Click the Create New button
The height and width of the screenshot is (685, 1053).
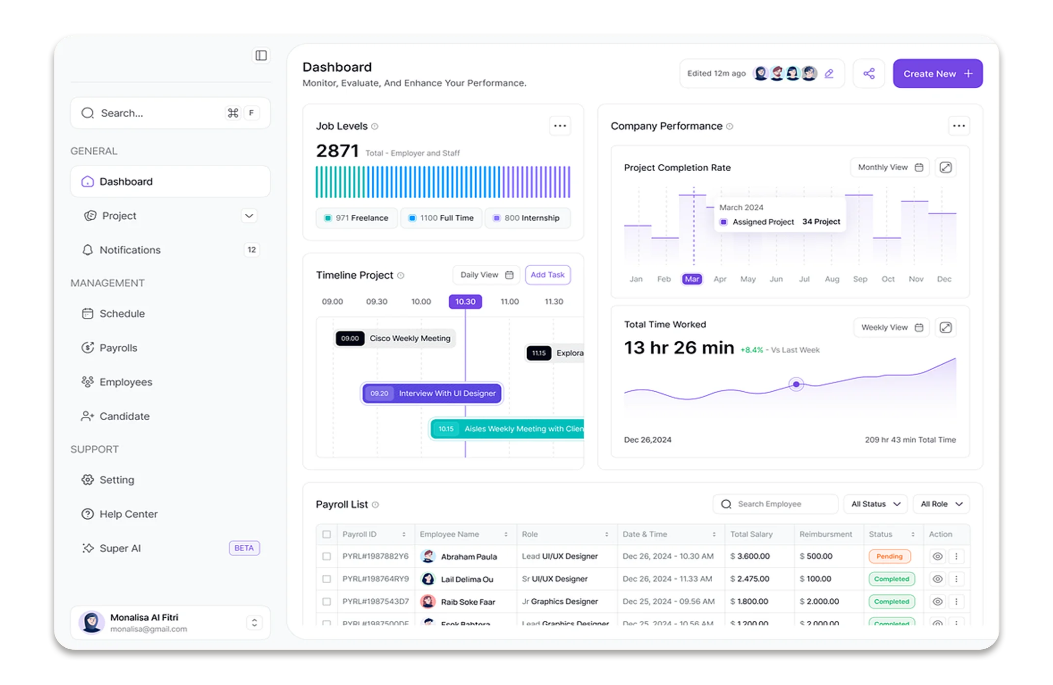point(937,74)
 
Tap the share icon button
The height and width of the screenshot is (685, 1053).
point(869,74)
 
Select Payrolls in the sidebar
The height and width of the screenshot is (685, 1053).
point(118,348)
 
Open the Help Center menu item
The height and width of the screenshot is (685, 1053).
point(128,514)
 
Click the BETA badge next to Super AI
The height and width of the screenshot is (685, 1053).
point(244,548)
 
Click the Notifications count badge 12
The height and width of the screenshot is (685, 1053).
point(252,250)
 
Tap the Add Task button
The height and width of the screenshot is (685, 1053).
point(547,275)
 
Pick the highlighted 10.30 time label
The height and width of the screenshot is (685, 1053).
point(465,302)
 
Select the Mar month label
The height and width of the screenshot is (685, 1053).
point(692,279)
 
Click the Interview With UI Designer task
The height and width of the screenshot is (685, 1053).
point(432,393)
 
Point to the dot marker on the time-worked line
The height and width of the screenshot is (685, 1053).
point(796,384)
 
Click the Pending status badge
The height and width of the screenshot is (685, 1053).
point(889,556)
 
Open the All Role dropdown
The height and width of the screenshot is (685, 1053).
point(941,504)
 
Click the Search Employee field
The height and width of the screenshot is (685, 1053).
point(775,504)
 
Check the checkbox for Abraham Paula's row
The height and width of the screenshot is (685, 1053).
point(327,556)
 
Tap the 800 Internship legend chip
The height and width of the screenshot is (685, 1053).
point(527,218)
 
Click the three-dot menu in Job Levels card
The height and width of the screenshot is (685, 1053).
point(560,126)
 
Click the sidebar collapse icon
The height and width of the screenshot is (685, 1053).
point(261,55)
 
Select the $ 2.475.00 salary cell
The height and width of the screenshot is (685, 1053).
point(750,579)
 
